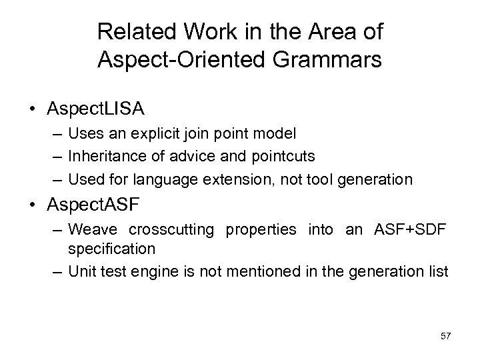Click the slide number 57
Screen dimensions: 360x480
tap(445, 335)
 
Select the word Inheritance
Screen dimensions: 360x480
tap(105, 157)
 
